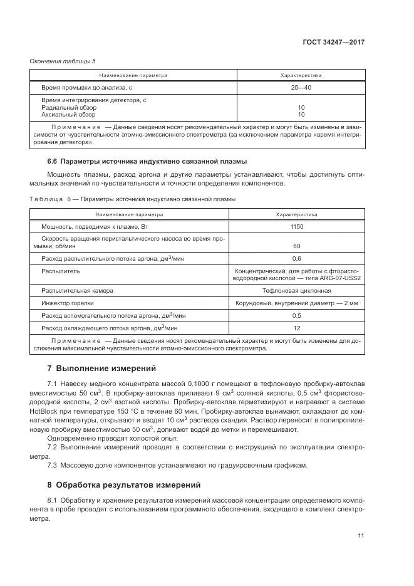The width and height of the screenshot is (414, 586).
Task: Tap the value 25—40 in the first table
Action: click(x=301, y=87)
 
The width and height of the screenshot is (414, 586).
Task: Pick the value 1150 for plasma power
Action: click(x=296, y=226)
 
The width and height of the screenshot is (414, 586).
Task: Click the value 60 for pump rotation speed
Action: click(x=296, y=246)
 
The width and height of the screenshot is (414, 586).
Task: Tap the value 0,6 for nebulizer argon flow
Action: click(x=296, y=258)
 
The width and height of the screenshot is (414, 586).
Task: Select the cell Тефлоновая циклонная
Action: click(x=296, y=291)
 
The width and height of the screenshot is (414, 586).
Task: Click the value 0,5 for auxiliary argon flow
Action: click(x=296, y=315)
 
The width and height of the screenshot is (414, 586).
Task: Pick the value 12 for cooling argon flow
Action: click(x=296, y=328)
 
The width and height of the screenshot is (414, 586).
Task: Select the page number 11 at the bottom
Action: click(x=361, y=535)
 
